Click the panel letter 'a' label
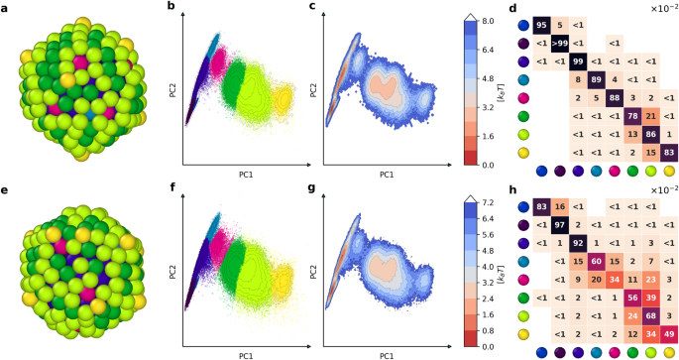tap(6, 7)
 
